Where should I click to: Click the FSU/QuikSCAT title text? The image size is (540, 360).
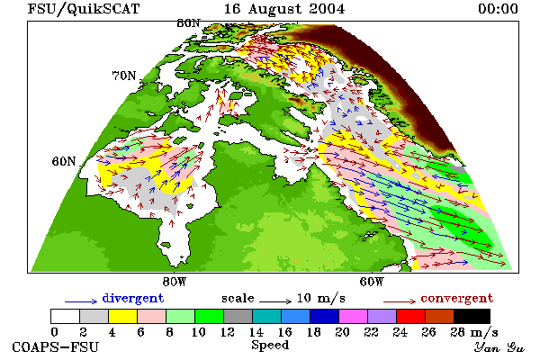pos(84,9)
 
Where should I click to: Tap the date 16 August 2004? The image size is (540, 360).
pos(284,9)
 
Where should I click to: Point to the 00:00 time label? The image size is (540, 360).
pos(498,9)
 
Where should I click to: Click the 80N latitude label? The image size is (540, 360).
pos(188,23)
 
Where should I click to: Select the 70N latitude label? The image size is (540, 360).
pos(124,76)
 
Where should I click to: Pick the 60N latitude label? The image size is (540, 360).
pos(64,161)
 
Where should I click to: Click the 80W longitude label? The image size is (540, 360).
pos(175,282)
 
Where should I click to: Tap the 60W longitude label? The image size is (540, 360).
pos(372,282)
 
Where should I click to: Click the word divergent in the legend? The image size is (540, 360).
pos(133,299)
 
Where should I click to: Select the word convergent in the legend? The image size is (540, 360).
pos(457,298)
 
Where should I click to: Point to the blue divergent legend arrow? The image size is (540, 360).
pos(81,301)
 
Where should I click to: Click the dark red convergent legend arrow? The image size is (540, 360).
pos(400,301)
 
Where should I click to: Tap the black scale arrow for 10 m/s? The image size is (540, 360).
pos(275,301)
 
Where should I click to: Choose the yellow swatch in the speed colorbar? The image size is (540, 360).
pos(122,316)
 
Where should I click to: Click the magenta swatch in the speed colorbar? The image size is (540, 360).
pos(353,316)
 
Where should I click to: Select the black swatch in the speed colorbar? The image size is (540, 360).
pos(472,316)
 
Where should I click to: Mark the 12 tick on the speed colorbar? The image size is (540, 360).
pos(228,332)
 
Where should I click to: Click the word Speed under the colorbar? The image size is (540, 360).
pos(270,346)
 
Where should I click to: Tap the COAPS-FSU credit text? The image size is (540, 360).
pos(56,346)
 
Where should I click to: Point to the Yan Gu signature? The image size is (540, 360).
pos(499,347)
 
